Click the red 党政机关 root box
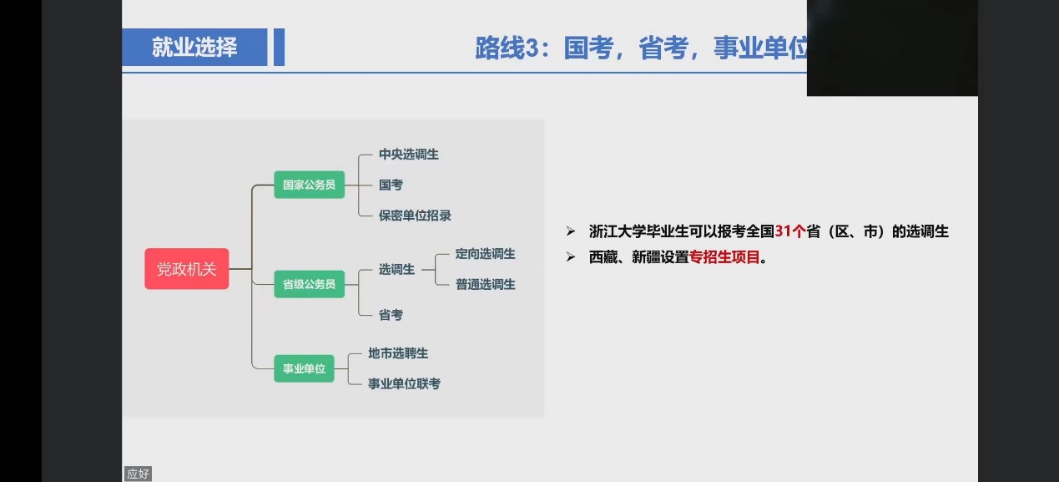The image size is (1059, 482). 187,269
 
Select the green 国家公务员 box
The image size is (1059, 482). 310,185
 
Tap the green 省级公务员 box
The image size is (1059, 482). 310,284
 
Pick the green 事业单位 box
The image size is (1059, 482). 304,368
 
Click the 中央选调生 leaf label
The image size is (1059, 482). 409,155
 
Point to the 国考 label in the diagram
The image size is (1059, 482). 391,185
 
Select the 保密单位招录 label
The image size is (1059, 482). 415,216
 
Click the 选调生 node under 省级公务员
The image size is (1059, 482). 396,270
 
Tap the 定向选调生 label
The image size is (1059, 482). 485,254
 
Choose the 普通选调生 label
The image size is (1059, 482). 485,284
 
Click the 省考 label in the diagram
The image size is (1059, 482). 391,315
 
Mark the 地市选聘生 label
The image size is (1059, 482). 398,353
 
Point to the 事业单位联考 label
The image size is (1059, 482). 404,383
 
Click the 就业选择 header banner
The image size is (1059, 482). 194,48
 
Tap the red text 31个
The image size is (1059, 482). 790,231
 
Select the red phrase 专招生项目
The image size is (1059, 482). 724,257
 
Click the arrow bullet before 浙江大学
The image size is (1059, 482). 571,231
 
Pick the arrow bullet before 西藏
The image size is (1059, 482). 571,257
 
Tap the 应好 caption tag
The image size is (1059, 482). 138,474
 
